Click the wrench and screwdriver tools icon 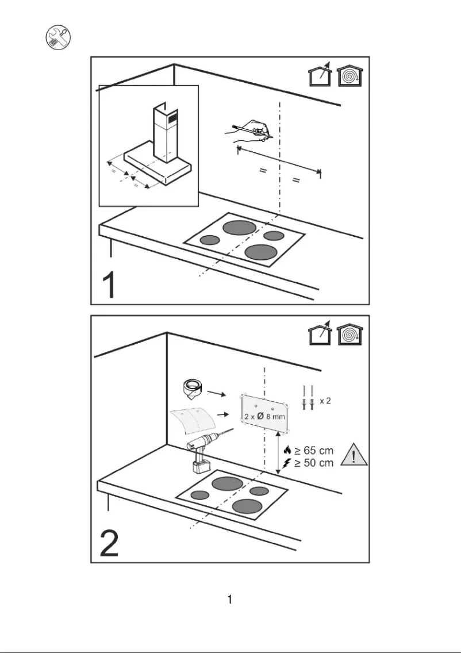click(x=57, y=38)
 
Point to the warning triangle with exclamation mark click(x=354, y=455)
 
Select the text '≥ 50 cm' click(x=314, y=463)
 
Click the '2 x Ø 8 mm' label click(x=264, y=416)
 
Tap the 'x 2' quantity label click(x=325, y=401)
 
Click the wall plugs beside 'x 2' click(x=308, y=398)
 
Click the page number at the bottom click(x=230, y=600)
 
